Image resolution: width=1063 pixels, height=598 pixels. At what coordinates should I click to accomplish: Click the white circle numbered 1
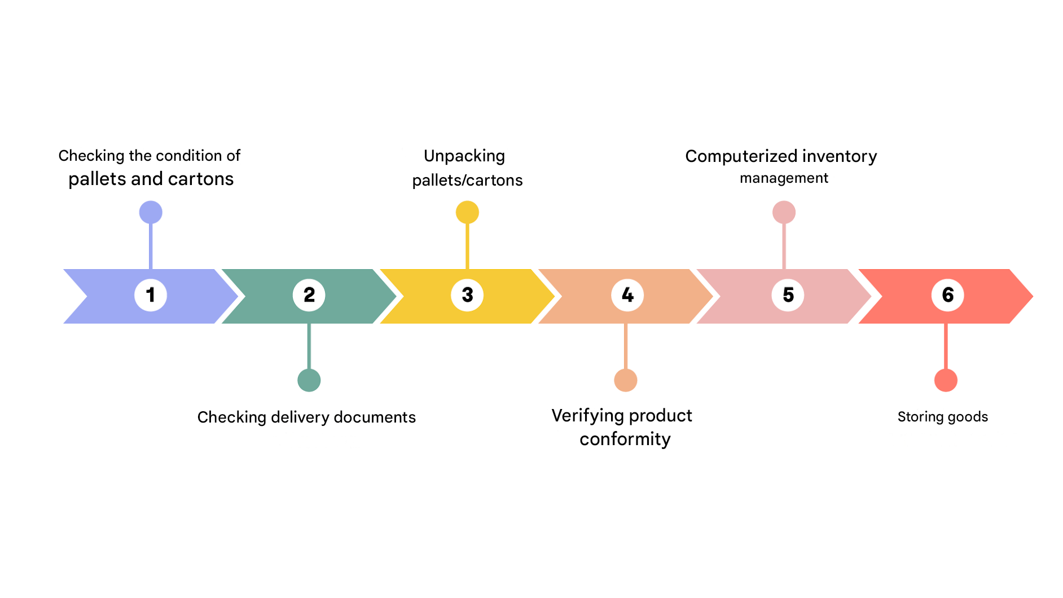tap(151, 295)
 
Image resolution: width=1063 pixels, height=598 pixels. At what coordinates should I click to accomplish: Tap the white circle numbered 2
tap(309, 295)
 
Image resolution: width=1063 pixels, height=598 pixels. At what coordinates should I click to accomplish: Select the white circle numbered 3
tap(467, 295)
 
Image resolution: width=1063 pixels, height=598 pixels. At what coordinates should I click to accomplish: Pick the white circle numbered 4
tap(627, 295)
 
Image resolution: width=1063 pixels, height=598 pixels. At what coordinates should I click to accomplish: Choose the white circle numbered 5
tap(788, 295)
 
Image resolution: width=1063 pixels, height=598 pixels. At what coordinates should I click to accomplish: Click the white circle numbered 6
tap(947, 295)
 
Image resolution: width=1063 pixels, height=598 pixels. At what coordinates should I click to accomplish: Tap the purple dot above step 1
tap(151, 212)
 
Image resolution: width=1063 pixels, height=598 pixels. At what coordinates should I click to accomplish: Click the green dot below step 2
tap(309, 380)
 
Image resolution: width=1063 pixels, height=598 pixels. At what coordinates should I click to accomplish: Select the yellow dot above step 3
tap(467, 212)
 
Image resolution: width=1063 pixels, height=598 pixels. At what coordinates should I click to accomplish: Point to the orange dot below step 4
tap(626, 380)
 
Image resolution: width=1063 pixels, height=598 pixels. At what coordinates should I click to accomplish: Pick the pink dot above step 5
tap(784, 212)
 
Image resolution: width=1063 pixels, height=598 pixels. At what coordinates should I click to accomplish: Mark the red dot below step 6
tap(946, 380)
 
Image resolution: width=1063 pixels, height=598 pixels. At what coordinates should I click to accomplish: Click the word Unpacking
tap(464, 156)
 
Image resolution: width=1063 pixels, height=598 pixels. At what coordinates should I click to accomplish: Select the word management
tap(784, 178)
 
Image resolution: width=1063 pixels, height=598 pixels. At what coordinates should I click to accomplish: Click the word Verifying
tap(587, 416)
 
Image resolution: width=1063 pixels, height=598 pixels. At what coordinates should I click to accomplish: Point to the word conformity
tap(625, 439)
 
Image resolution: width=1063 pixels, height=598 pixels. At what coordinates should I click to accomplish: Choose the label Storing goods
tap(942, 417)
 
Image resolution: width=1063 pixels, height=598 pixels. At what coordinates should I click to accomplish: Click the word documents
tap(375, 417)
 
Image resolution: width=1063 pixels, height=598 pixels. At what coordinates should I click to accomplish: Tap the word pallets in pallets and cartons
tap(97, 179)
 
